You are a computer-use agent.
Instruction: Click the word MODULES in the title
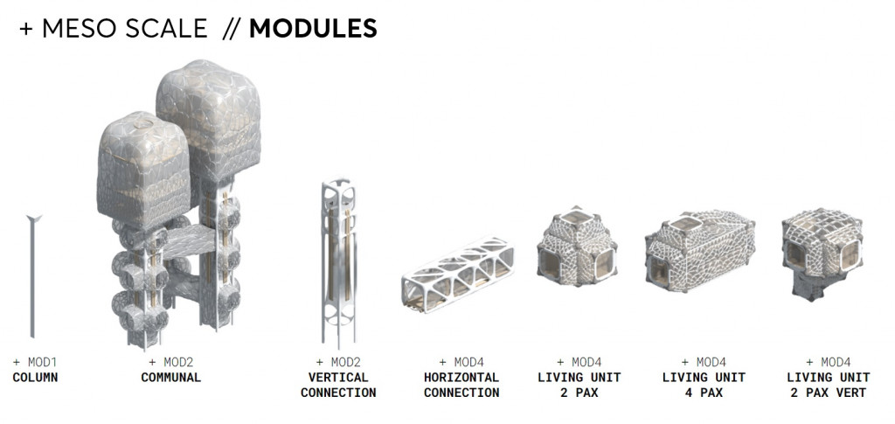[313, 29]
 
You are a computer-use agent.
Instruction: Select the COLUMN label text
[35, 378]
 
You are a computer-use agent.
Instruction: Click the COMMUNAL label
[171, 378]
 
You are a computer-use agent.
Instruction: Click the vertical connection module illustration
[338, 262]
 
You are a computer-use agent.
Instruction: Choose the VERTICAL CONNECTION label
[338, 386]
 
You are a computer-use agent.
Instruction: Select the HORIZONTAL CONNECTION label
[461, 386]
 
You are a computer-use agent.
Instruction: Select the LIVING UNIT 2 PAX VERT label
[826, 386]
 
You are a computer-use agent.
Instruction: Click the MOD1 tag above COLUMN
[35, 362]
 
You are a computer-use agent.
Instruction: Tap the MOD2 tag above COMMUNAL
[171, 362]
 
